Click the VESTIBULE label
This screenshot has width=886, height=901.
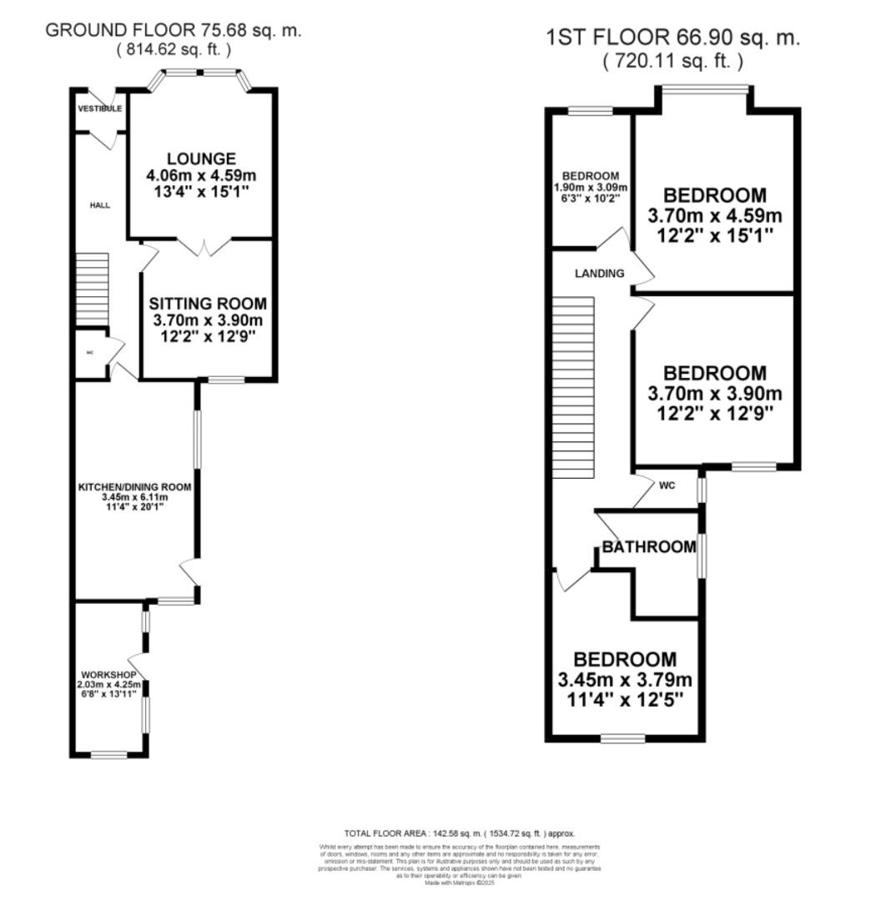click(100, 109)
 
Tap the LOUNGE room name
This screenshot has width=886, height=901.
click(201, 159)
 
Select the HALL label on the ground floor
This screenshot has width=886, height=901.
click(100, 204)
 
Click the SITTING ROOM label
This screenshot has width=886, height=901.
click(208, 304)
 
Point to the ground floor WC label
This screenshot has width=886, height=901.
click(90, 353)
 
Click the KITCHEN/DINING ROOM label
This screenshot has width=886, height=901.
click(135, 486)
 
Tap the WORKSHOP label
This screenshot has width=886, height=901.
click(108, 674)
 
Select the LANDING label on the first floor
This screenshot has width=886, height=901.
click(599, 273)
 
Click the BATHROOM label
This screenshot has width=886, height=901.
click(649, 547)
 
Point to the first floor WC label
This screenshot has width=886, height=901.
click(667, 485)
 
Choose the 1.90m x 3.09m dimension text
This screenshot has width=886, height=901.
click(591, 188)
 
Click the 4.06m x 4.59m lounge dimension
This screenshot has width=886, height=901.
click(201, 176)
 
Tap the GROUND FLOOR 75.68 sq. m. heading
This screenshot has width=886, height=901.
click(173, 31)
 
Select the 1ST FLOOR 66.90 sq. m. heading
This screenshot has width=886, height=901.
click(672, 38)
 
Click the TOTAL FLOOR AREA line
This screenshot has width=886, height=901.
click(460, 833)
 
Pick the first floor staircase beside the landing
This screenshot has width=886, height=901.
click(573, 389)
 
